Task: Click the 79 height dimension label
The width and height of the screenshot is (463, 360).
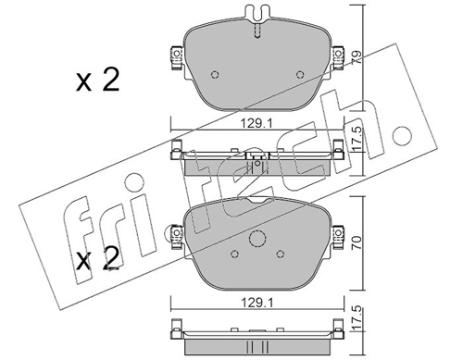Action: [x=357, y=58]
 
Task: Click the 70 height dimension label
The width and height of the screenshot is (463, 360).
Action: [x=357, y=243]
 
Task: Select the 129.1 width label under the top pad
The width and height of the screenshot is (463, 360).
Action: [x=257, y=124]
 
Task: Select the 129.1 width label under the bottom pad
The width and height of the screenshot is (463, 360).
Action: [x=257, y=304]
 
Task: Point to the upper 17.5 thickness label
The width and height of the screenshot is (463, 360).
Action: [x=357, y=140]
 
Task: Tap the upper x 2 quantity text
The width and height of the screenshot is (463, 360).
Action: [x=97, y=81]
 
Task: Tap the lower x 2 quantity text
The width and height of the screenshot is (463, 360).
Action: [x=97, y=258]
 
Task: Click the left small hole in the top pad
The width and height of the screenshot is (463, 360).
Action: [x=215, y=75]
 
